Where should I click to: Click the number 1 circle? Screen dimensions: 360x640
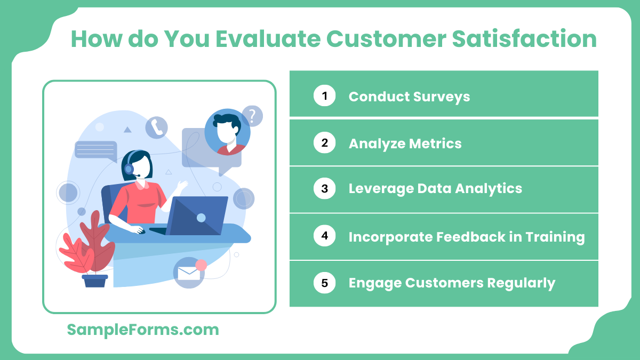[x=324, y=96]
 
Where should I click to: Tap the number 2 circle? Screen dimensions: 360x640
[x=324, y=143]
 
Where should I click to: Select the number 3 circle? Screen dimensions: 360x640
[x=324, y=188]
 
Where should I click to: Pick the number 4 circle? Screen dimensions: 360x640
[x=324, y=236]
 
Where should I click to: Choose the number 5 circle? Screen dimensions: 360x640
[x=324, y=283]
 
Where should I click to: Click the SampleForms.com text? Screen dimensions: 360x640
[x=143, y=330]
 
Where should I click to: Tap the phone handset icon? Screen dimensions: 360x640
[x=156, y=127]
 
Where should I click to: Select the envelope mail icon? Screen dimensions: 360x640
[x=188, y=273]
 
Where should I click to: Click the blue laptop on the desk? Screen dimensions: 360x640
[x=197, y=216]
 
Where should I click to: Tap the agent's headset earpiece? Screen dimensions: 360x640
[x=129, y=169]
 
